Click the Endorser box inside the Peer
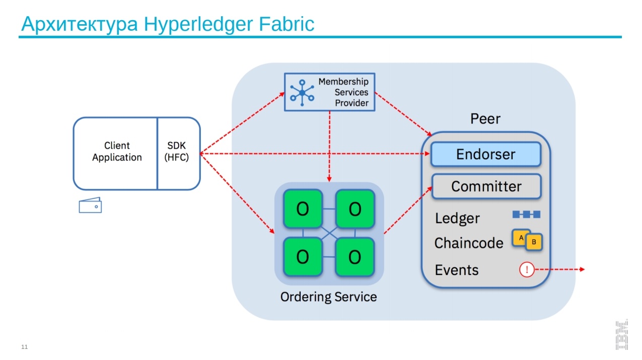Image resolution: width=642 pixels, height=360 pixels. tap(485, 154)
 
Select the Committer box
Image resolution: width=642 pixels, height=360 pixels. tap(486, 186)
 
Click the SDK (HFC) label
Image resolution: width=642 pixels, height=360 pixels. tap(177, 151)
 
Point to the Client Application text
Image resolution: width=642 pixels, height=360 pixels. tap(117, 151)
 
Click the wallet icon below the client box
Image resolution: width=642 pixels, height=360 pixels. tap(90, 205)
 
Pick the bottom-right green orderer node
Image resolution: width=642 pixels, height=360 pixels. tap(355, 257)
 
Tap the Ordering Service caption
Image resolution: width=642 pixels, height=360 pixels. tap(328, 297)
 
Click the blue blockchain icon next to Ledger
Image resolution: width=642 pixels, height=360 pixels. tap(526, 214)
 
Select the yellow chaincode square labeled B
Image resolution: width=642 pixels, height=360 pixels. tap(534, 242)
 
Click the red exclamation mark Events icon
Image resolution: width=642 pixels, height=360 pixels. tap(526, 270)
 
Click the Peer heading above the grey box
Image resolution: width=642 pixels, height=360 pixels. tap(485, 119)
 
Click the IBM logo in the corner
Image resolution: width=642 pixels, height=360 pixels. tap(621, 334)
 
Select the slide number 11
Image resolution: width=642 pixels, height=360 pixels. tap(25, 347)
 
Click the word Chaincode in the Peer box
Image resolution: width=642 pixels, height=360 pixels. tap(468, 243)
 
